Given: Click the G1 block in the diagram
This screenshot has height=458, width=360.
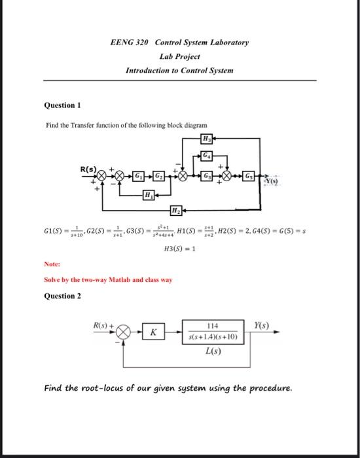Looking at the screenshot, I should [139, 177].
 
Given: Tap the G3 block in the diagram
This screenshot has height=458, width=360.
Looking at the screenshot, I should [207, 177].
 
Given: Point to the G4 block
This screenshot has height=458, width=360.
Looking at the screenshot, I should [207, 155].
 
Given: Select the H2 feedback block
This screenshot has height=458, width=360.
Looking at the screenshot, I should [175, 210].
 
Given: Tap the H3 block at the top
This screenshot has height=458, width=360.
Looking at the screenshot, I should [207, 138].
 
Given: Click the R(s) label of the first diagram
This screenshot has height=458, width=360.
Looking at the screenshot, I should [90, 168].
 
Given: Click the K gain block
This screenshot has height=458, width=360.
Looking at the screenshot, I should [153, 332].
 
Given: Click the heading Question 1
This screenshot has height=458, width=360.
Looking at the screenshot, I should [62, 105].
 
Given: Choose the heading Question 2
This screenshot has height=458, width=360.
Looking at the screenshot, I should [62, 296].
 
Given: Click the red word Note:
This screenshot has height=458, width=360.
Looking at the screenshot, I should [52, 266].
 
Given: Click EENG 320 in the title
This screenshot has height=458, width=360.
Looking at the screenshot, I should [130, 43].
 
